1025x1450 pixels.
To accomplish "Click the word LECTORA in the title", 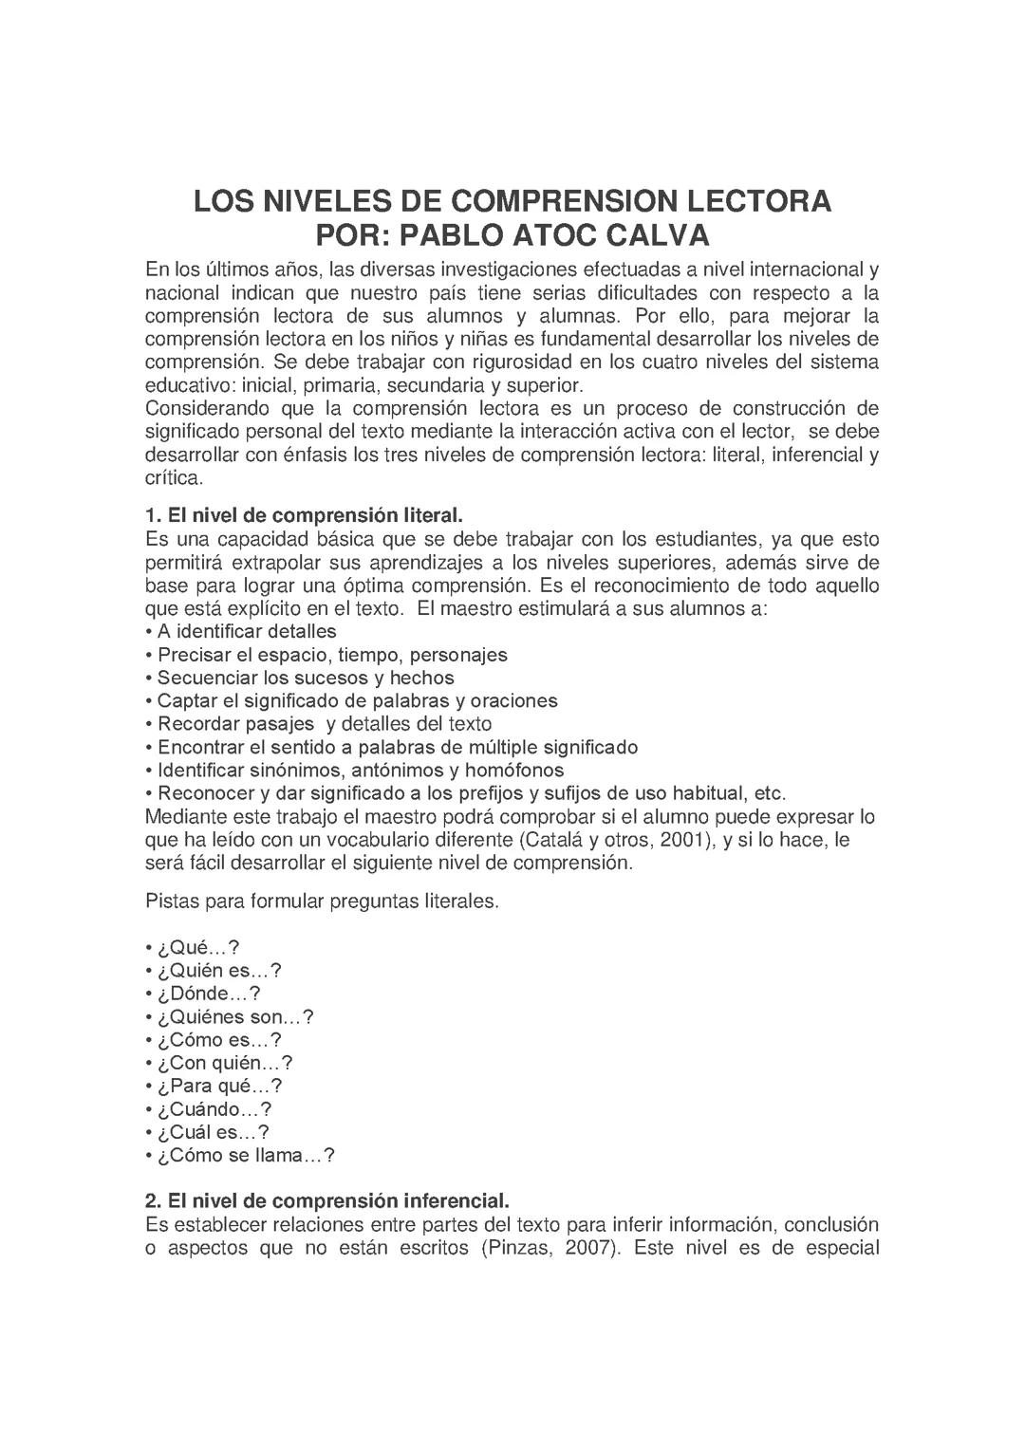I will click(x=758, y=202).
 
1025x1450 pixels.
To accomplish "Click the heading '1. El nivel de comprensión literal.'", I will click(x=304, y=516).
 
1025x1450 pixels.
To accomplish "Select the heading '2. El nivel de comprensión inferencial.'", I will click(x=327, y=1202).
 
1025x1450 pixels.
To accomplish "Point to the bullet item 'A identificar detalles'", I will click(x=246, y=632).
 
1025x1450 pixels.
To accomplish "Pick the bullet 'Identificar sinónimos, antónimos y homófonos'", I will click(x=360, y=771).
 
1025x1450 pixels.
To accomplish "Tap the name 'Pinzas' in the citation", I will click(x=518, y=1248).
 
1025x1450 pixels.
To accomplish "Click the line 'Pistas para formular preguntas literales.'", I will click(x=322, y=902).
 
